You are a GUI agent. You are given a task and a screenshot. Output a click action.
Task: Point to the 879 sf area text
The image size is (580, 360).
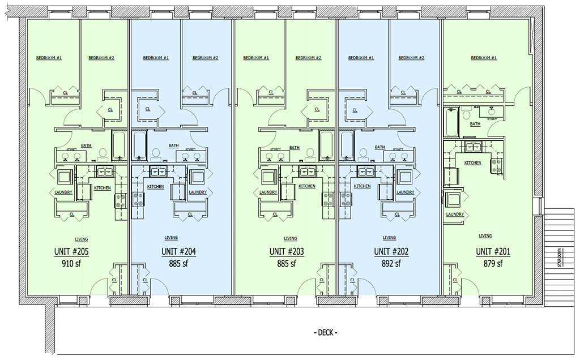[x=492, y=263]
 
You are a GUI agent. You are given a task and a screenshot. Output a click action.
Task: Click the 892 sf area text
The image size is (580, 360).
[x=390, y=263]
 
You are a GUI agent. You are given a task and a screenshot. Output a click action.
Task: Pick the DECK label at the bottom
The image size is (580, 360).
[x=325, y=332]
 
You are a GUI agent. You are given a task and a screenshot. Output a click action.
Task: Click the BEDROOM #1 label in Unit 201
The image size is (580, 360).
[x=484, y=58]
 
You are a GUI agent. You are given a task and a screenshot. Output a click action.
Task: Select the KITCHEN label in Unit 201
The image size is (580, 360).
[x=473, y=162]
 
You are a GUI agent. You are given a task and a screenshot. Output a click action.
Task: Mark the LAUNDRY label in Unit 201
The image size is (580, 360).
[x=455, y=214]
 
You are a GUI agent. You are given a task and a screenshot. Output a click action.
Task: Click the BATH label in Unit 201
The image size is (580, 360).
[x=475, y=124]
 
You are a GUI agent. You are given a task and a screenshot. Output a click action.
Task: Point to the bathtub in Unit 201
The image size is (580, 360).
[x=451, y=123]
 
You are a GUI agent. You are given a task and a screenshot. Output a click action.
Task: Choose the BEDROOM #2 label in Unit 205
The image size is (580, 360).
[x=102, y=58]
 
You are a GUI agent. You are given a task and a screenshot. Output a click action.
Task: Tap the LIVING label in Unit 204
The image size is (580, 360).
[x=171, y=238]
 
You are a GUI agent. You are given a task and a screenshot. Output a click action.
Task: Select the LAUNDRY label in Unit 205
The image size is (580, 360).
[x=63, y=192]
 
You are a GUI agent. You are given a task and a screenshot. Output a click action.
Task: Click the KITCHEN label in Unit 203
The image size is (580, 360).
[x=307, y=186]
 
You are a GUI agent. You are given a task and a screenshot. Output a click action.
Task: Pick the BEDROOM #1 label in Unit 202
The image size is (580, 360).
[x=361, y=58]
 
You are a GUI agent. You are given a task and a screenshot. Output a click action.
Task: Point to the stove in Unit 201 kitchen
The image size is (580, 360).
[x=497, y=165]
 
